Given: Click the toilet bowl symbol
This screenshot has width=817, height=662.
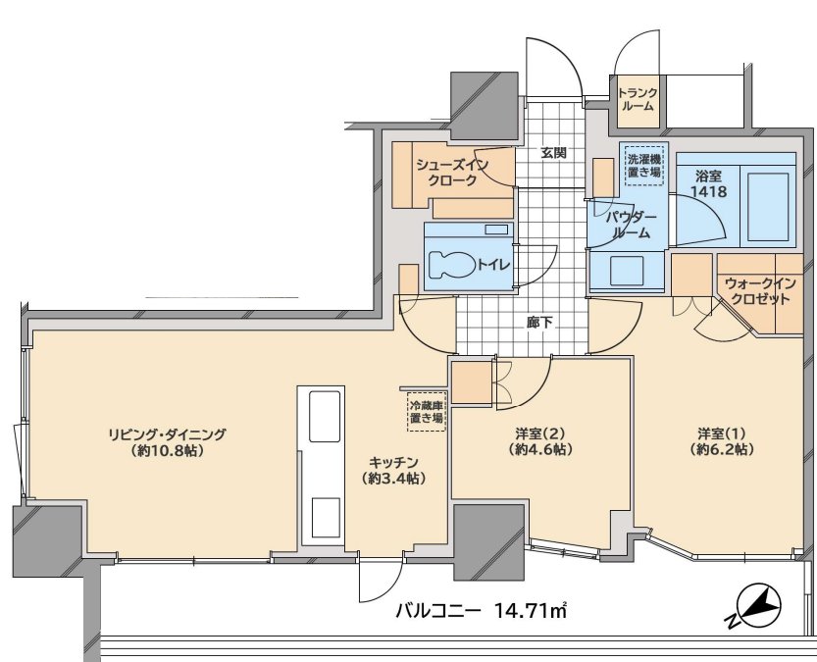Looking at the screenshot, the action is pyautogui.click(x=452, y=265).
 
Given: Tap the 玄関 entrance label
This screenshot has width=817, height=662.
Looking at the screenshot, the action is pyautogui.click(x=553, y=153).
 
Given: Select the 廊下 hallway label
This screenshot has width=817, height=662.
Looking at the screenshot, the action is pyautogui.click(x=539, y=324).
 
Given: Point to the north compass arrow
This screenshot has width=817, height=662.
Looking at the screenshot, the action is pyautogui.click(x=754, y=607).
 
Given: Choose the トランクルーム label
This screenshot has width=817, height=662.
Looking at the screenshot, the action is pyautogui.click(x=638, y=99).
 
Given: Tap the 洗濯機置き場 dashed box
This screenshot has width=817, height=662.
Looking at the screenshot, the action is pyautogui.click(x=645, y=164).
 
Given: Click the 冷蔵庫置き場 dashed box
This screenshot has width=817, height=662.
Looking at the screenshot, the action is pyautogui.click(x=427, y=412).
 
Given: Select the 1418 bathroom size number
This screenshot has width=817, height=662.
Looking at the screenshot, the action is pyautogui.click(x=708, y=191).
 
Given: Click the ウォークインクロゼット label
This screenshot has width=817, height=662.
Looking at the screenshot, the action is pyautogui.click(x=761, y=291).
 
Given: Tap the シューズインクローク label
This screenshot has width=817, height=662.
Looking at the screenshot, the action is pyautogui.click(x=452, y=173).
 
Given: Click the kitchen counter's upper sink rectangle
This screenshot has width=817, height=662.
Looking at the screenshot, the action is pyautogui.click(x=325, y=416).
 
